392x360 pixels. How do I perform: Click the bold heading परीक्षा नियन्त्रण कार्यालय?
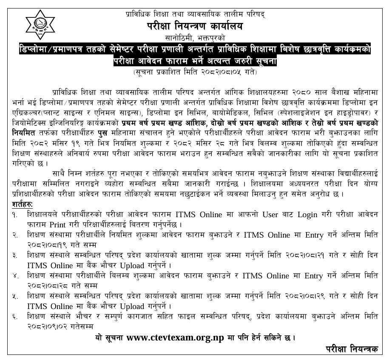tap(194, 26)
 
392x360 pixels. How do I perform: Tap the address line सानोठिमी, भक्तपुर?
tap(195, 38)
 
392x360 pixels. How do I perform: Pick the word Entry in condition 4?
tap(312, 275)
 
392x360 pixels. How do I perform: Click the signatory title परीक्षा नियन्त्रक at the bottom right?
tap(352, 349)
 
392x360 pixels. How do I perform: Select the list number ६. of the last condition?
tap(15, 317)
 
